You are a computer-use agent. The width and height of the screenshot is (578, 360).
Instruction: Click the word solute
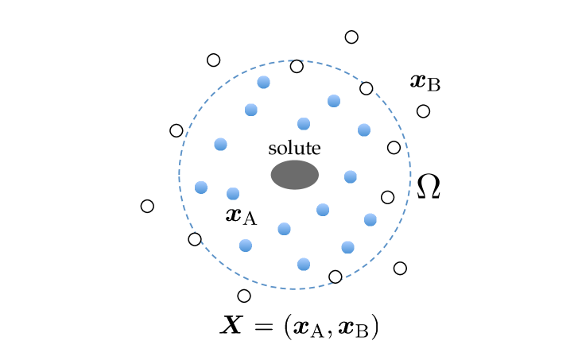(x=294, y=148)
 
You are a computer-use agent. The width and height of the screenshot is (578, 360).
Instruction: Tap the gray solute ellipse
(x=294, y=175)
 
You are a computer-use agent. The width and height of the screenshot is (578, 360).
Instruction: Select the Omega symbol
(x=429, y=187)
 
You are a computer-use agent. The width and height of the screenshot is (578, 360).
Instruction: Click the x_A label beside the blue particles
(x=241, y=215)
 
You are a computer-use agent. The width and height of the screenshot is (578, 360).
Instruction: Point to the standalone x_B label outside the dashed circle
(x=425, y=81)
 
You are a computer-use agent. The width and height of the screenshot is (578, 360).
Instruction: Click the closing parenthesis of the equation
(x=374, y=327)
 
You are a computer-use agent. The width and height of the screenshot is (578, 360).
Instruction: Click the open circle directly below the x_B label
(x=424, y=111)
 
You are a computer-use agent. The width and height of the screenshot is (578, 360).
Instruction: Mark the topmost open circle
(x=351, y=37)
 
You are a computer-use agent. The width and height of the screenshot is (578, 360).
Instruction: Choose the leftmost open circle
(x=147, y=206)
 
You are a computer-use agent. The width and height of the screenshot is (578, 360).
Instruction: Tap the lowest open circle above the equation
(x=244, y=296)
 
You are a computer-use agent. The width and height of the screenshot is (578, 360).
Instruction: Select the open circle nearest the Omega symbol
(x=388, y=197)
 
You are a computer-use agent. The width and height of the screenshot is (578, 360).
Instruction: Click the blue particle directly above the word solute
(x=304, y=123)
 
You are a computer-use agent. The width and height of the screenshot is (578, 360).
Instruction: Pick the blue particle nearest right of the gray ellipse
(x=350, y=176)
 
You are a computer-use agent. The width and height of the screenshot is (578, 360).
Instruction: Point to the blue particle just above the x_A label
(x=233, y=193)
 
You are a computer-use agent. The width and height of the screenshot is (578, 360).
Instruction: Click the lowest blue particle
(x=303, y=264)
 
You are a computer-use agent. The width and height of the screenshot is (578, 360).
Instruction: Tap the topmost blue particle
(x=264, y=82)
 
